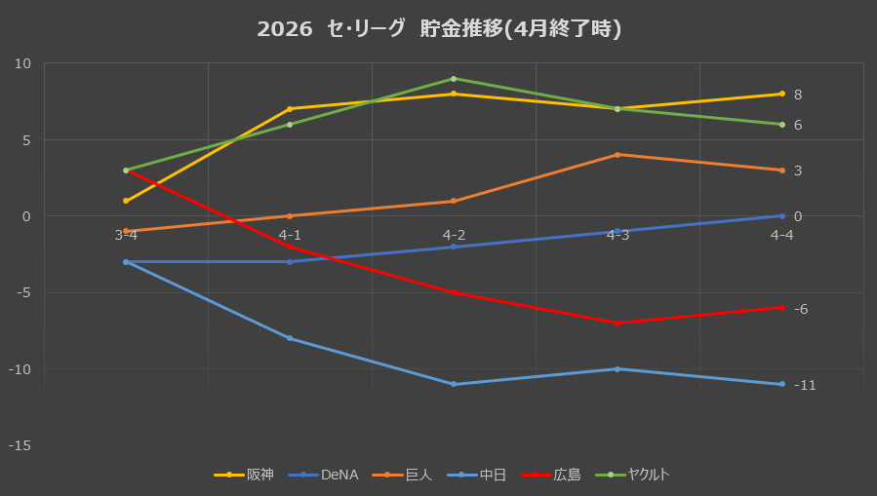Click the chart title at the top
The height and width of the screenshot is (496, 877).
pyautogui.click(x=439, y=29)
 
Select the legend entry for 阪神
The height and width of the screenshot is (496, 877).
pyautogui.click(x=244, y=475)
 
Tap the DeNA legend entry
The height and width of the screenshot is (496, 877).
pyautogui.click(x=323, y=475)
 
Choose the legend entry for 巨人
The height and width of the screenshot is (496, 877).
pyautogui.click(x=402, y=475)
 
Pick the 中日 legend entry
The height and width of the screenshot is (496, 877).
pyautogui.click(x=476, y=475)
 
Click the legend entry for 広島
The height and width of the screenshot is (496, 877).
pyautogui.click(x=551, y=475)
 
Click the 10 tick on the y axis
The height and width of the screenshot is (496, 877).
pyautogui.click(x=23, y=63)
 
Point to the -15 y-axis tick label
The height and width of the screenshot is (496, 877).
pyautogui.click(x=20, y=445)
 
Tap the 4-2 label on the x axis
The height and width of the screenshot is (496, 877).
pyautogui.click(x=454, y=235)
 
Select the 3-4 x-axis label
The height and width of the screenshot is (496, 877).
pyautogui.click(x=126, y=235)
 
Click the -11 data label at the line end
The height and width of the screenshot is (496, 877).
pyautogui.click(x=805, y=385)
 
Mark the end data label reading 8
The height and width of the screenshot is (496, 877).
pyautogui.click(x=798, y=95)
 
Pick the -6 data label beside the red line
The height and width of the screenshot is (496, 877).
pyautogui.click(x=801, y=309)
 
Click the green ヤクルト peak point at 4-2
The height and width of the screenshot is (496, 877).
pyautogui.click(x=454, y=79)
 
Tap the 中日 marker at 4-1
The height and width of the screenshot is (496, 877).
pyautogui.click(x=290, y=338)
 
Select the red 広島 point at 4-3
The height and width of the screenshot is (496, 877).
pyautogui.click(x=618, y=324)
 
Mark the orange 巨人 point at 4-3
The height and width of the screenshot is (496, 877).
pyautogui.click(x=618, y=155)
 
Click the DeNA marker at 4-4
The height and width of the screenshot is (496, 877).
pyautogui.click(x=782, y=216)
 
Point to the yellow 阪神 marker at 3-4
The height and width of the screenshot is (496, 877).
pyautogui.click(x=126, y=201)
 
